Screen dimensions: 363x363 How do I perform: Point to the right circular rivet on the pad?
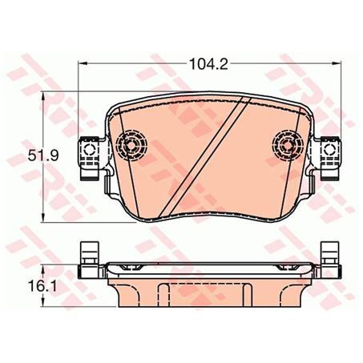coord(288,145)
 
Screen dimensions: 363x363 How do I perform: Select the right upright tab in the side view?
coord(329,255)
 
